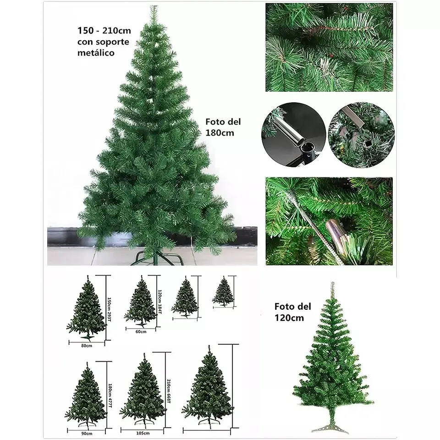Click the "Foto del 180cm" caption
point(224,127)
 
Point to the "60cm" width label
point(141,331)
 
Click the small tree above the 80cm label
point(86,309)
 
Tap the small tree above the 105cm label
point(143,390)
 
